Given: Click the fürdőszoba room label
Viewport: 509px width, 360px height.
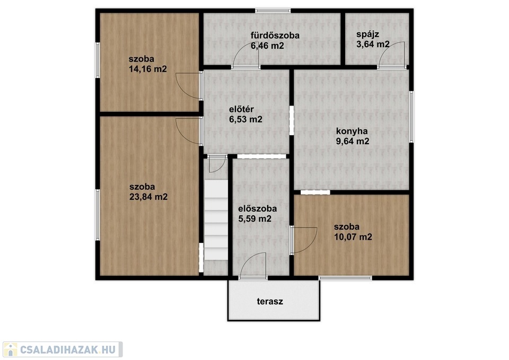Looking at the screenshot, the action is point(275,36).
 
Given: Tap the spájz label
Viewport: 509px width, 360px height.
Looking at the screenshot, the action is point(368,34).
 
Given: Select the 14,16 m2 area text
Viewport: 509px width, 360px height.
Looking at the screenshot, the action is point(148,69).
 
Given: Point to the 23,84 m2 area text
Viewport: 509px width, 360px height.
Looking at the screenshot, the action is point(148,197).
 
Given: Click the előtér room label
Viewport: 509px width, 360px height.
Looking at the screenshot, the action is point(242,109).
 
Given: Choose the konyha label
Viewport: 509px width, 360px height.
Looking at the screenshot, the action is point(352,131).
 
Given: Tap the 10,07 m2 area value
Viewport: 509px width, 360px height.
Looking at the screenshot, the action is point(353,237).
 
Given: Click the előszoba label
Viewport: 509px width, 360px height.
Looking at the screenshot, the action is point(258,209).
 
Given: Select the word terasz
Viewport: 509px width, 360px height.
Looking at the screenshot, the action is point(270,302).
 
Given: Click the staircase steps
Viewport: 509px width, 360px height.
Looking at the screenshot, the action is point(216,220).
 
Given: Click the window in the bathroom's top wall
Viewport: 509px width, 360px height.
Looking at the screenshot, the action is point(273,11).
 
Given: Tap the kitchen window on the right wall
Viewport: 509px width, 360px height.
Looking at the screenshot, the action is point(411,117).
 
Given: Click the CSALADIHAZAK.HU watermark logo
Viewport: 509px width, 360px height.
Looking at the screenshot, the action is point(63,349).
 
